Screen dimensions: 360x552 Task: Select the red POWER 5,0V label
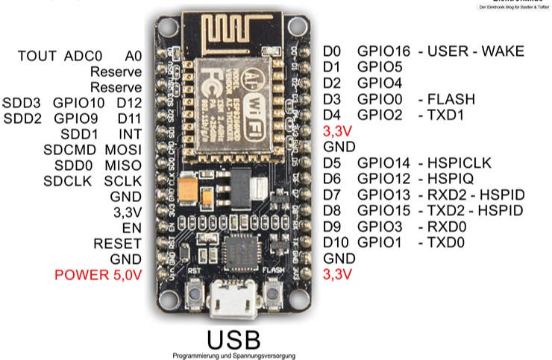tap(98, 274)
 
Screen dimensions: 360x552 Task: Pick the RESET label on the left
tap(117, 243)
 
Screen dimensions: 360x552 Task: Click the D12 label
tap(129, 102)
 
